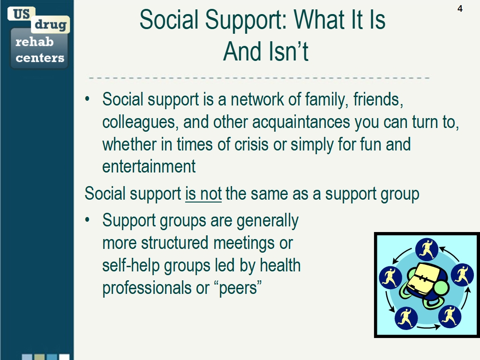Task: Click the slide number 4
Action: pos(460,8)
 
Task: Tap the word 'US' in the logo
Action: pos(22,14)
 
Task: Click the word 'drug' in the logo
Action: pos(51,24)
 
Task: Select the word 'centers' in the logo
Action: pos(40,58)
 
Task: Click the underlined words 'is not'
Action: pos(203,194)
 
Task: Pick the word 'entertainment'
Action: pos(149,166)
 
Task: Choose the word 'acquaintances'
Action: pos(301,122)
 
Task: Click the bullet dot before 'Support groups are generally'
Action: pos(88,219)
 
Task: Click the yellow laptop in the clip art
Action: pos(424,277)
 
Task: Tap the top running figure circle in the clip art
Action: pos(427,249)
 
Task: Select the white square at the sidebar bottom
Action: pos(64,357)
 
